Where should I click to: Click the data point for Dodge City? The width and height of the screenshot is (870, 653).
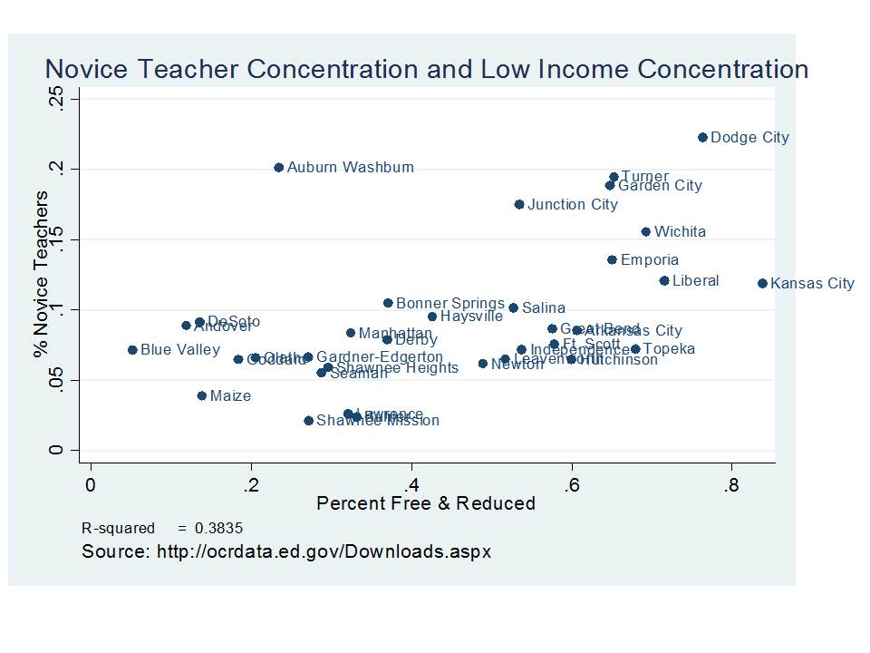(x=702, y=138)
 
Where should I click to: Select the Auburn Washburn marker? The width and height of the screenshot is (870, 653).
(x=279, y=168)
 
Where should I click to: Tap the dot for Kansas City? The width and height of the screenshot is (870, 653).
(x=762, y=283)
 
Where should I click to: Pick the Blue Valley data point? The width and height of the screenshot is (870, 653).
(x=132, y=350)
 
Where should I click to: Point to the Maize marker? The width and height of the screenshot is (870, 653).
(x=202, y=396)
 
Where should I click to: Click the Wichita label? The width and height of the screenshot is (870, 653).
(x=680, y=232)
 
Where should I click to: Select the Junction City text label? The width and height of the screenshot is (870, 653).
(x=573, y=205)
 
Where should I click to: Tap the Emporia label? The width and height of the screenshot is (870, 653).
(x=649, y=260)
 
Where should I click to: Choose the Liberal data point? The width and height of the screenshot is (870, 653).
(x=664, y=281)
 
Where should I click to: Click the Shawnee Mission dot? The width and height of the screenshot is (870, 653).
(x=308, y=421)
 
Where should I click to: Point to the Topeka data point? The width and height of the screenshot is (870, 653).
(x=635, y=349)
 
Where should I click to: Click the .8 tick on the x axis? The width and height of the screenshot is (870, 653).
(x=730, y=485)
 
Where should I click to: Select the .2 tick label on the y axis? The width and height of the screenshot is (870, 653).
(x=56, y=170)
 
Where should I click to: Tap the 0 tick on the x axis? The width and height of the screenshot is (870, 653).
(x=91, y=485)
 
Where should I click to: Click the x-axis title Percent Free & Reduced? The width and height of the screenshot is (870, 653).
(x=426, y=503)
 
